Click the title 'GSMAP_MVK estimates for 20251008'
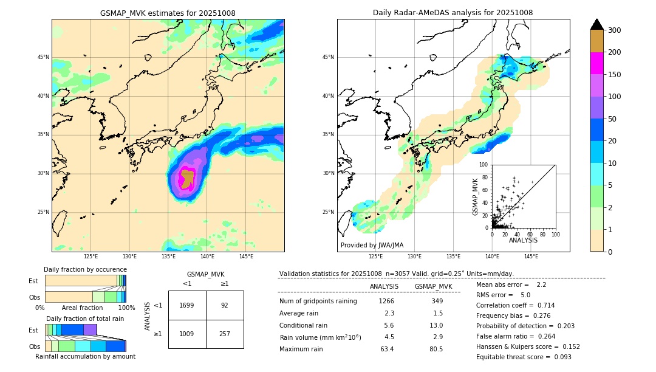tap(168, 13)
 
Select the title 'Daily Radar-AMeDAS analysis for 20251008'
tap(453, 13)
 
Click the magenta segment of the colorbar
tap(596, 63)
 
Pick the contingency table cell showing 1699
tap(187, 305)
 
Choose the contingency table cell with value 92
tap(225, 305)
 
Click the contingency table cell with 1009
tap(187, 334)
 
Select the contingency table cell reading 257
tap(225, 334)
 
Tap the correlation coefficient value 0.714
tap(542, 305)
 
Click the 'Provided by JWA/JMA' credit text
tap(372, 246)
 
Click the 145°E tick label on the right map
tap(531, 257)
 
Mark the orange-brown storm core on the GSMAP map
tap(187, 178)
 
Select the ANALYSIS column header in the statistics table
tap(384, 286)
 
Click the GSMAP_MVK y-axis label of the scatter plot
tap(476, 196)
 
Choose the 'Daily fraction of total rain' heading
tap(85, 319)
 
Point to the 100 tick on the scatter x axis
tap(555, 234)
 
